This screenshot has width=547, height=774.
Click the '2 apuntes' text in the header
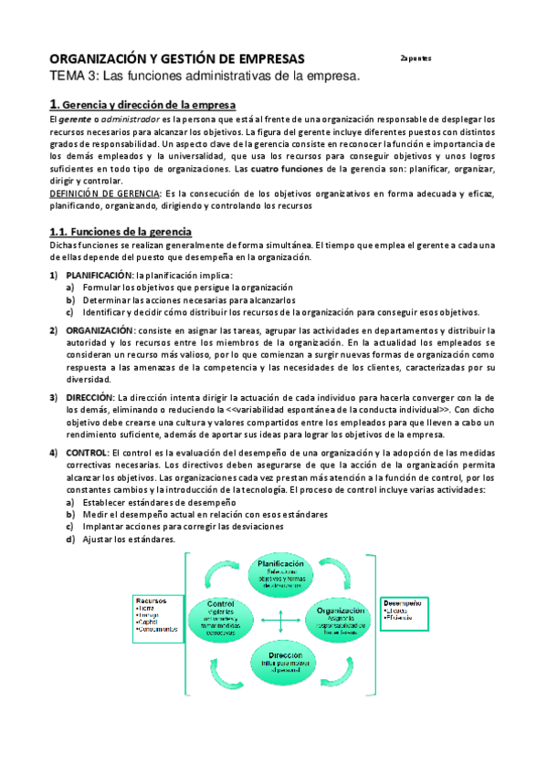(416, 58)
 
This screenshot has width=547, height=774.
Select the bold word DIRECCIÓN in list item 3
(89, 397)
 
